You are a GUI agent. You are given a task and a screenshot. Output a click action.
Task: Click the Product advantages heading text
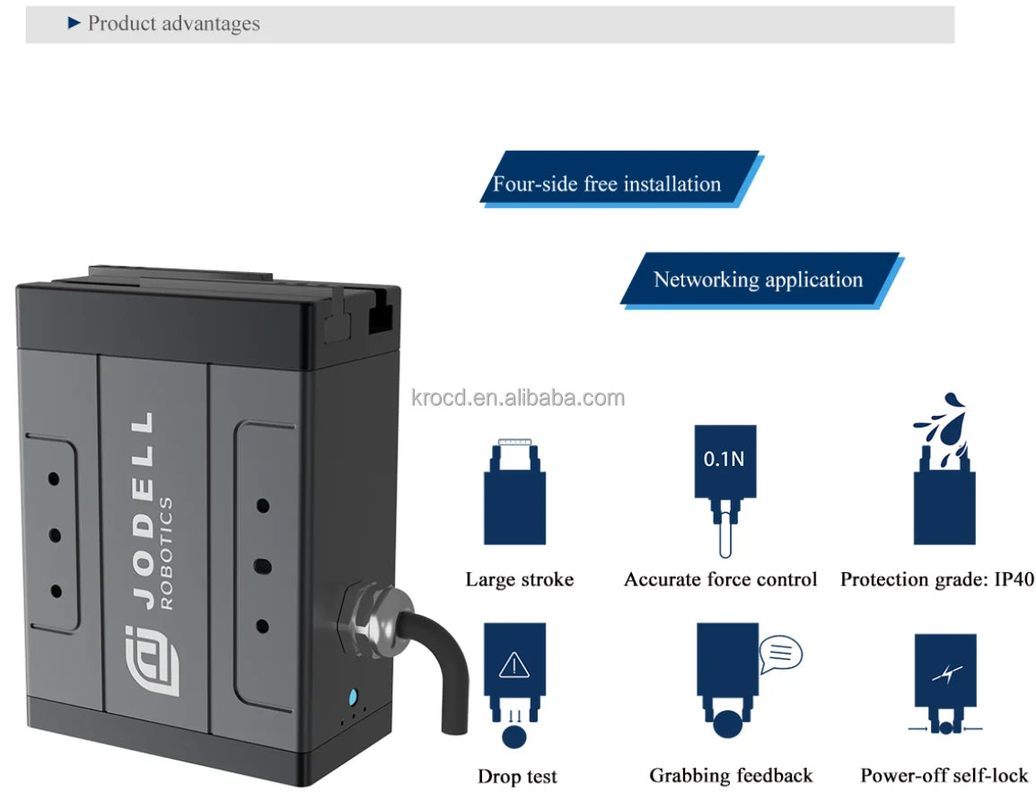click(173, 24)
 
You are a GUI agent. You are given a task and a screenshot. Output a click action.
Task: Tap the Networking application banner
click(758, 279)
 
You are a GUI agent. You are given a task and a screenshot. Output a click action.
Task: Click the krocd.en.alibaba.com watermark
click(518, 398)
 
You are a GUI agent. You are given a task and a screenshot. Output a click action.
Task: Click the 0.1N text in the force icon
click(724, 460)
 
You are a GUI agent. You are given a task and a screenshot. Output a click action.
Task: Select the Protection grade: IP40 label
click(936, 580)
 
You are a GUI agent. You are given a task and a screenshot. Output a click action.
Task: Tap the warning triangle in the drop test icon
click(514, 665)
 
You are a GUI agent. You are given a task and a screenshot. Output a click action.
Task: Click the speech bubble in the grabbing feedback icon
click(780, 654)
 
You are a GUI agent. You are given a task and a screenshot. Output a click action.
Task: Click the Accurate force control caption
click(721, 580)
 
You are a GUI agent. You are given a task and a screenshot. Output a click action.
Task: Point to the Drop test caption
click(517, 777)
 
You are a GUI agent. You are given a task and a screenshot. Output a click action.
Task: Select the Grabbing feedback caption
click(731, 776)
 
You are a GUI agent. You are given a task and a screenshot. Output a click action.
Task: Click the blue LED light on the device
click(353, 697)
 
